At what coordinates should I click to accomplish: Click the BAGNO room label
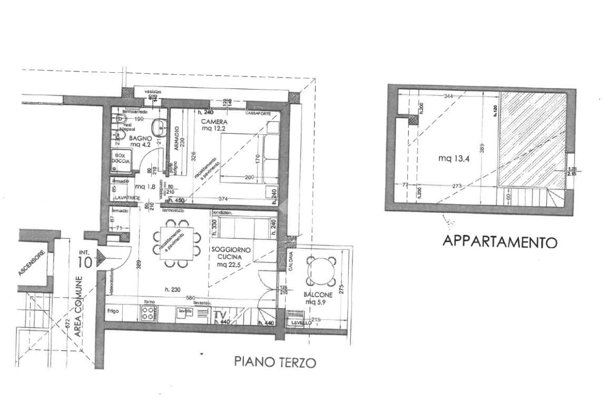point(141,138)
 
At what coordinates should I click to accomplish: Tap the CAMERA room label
point(214,122)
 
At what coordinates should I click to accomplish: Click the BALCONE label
point(318,295)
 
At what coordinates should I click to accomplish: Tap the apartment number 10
point(86,261)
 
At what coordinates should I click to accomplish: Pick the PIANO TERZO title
point(275,362)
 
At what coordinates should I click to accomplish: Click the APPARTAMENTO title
point(499,242)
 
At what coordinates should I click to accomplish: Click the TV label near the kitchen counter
point(220,316)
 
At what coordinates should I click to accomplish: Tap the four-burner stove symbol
point(148,313)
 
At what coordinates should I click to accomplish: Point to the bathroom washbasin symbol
point(158,127)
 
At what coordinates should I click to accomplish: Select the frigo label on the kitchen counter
point(113,311)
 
